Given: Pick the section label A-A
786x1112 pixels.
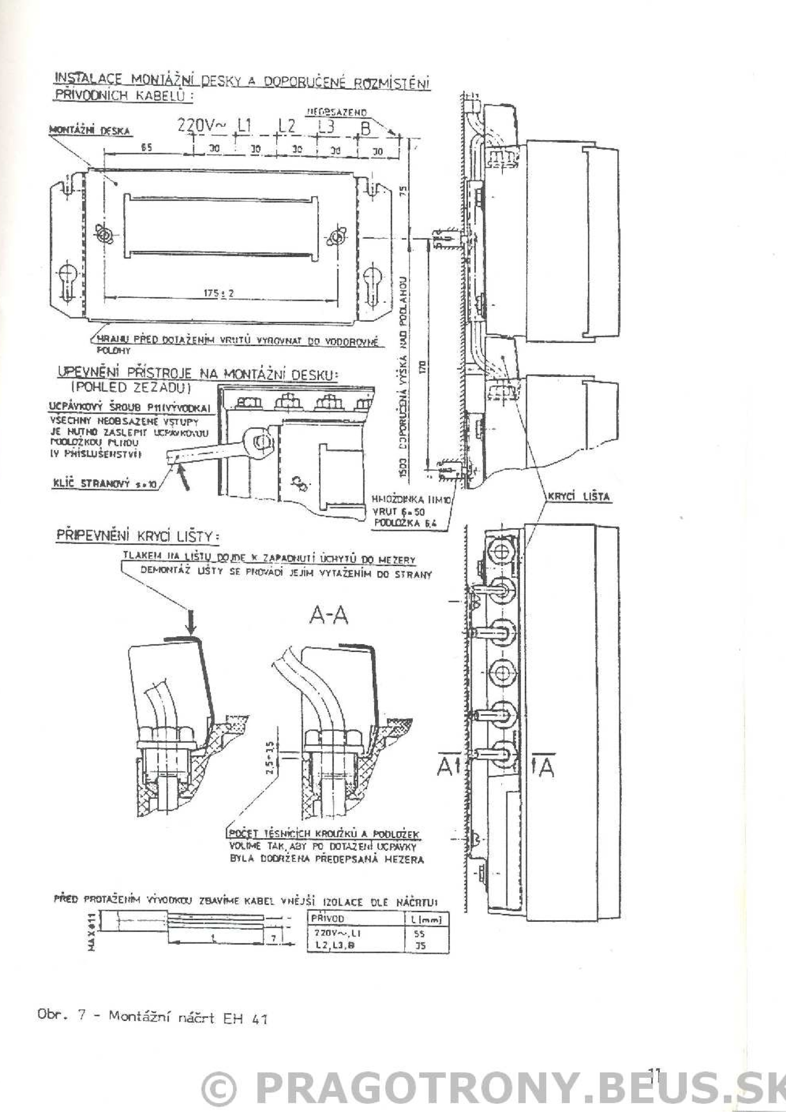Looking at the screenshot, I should point(329,616).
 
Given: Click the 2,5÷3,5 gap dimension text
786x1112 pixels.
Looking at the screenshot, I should point(269,761).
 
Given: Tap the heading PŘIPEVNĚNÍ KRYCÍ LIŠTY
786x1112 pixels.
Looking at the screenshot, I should point(138,536).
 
